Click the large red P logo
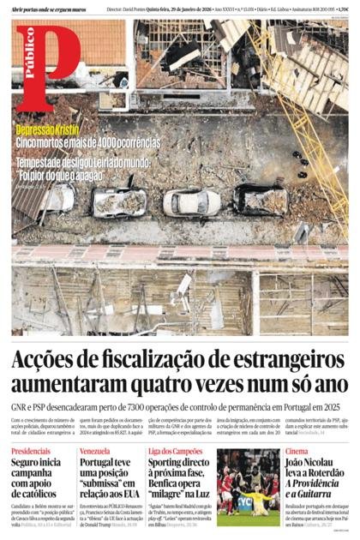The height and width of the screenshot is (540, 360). click(x=47, y=62)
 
